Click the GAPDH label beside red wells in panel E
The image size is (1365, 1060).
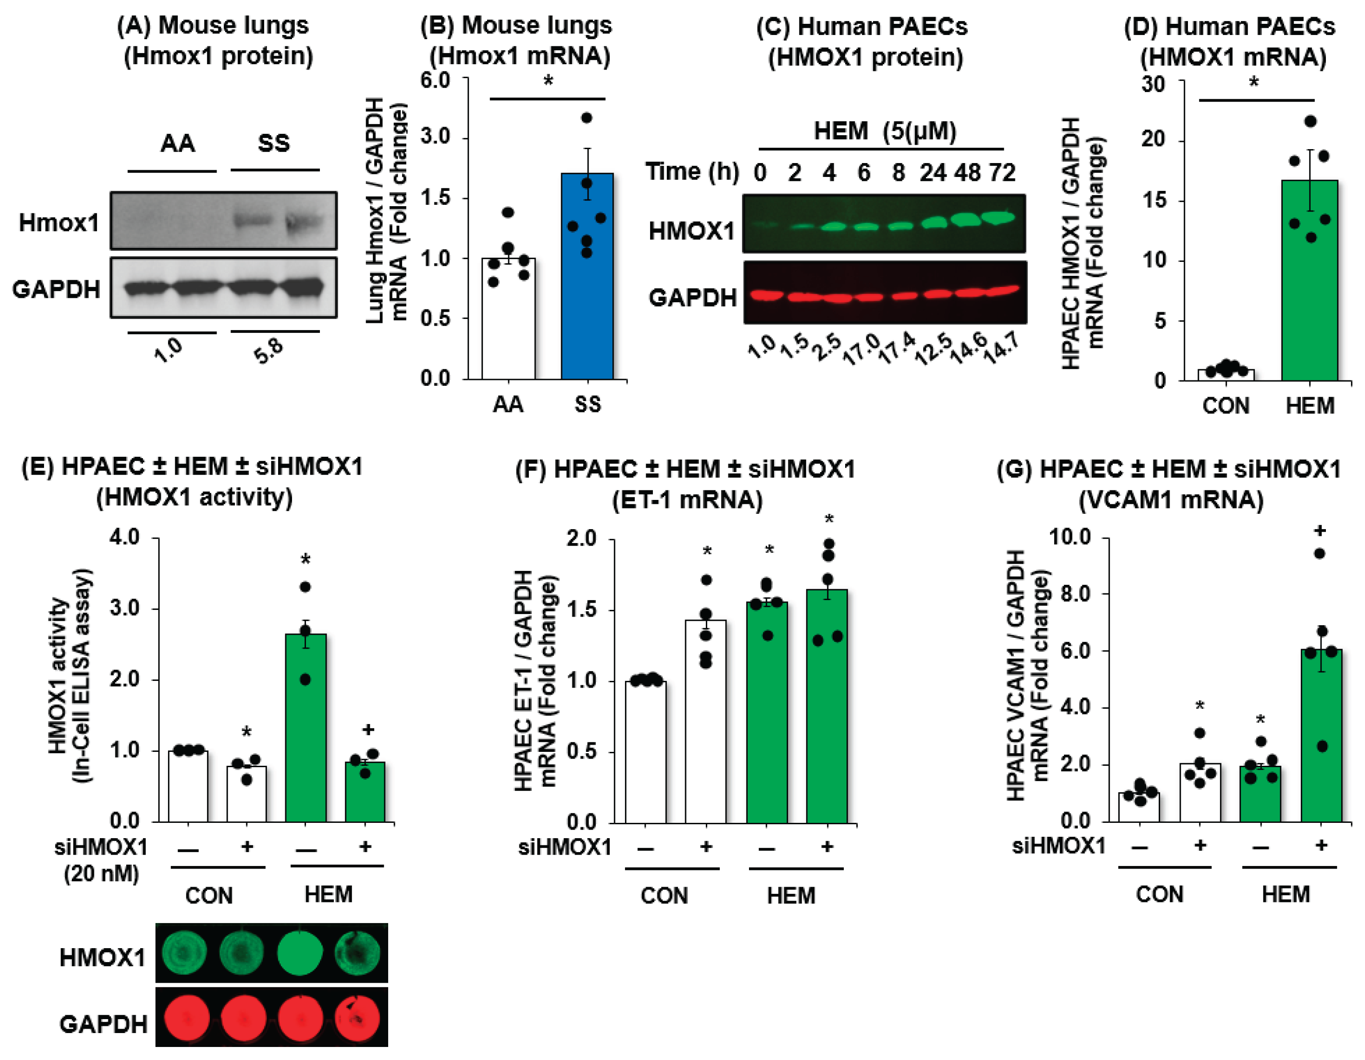[x=103, y=1024]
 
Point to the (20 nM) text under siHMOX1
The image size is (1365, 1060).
[x=101, y=873]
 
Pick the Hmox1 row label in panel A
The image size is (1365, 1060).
[x=59, y=222]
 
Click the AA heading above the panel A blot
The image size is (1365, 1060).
[x=177, y=144]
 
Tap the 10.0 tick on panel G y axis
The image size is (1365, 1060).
[x=1071, y=537]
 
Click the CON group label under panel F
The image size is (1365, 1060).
[x=664, y=895]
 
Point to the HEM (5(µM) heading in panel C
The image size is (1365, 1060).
[x=884, y=131]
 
